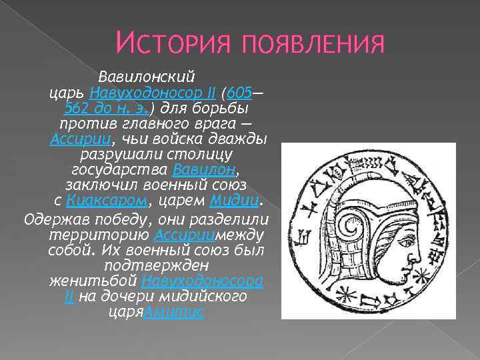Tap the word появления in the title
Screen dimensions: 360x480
pyautogui.click(x=306, y=45)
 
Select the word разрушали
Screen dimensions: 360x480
pyautogui.click(x=131, y=155)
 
